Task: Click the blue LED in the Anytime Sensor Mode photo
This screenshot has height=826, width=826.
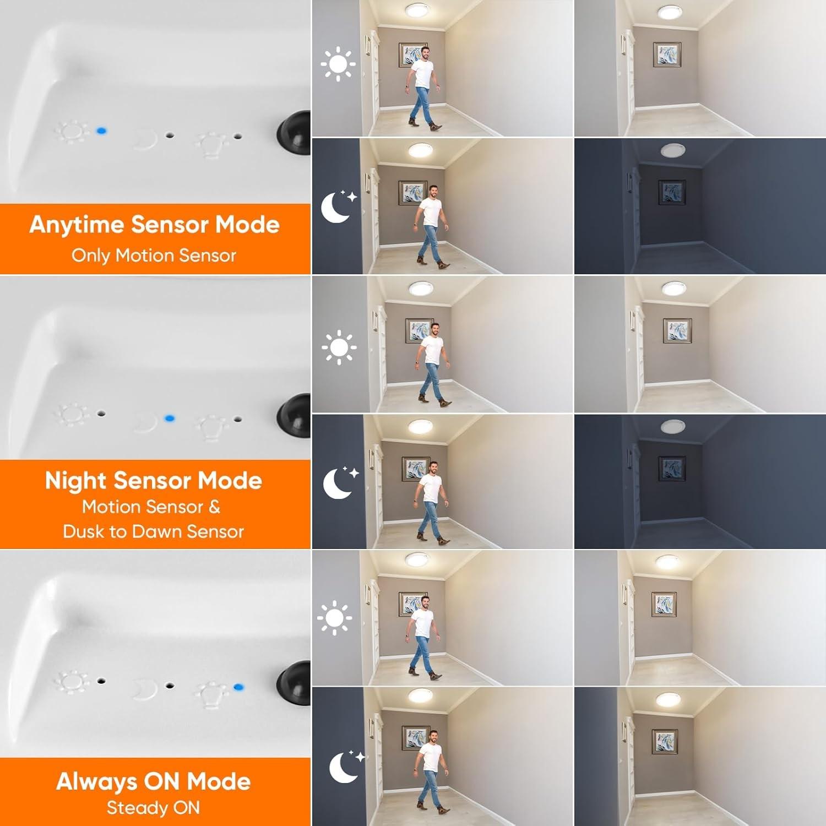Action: click(101, 131)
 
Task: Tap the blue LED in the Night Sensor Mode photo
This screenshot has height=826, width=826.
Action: click(170, 419)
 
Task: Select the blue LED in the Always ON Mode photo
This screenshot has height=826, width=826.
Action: click(238, 687)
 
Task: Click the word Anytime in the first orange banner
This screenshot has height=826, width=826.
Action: click(77, 225)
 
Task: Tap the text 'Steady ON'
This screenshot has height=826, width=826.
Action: click(153, 808)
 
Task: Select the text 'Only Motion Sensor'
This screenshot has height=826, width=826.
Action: click(154, 256)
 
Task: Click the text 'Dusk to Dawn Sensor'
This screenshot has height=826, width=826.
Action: click(153, 531)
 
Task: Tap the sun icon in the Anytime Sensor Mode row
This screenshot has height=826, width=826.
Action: click(338, 64)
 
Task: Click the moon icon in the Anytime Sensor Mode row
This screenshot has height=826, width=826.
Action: click(338, 206)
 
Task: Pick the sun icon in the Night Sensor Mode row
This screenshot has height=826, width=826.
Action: click(339, 347)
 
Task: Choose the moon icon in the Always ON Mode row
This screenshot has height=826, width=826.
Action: click(346, 767)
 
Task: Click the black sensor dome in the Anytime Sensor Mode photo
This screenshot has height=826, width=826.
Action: click(295, 133)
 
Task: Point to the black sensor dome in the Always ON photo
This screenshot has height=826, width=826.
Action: click(295, 683)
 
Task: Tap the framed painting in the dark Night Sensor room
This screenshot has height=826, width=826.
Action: click(671, 468)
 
